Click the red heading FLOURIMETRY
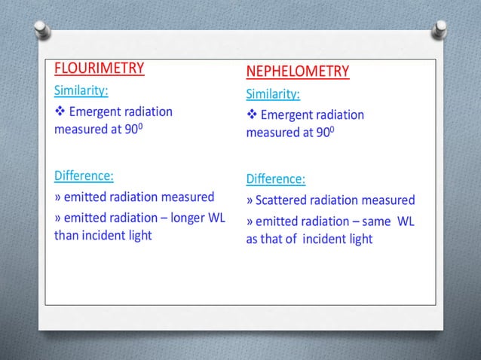tap(99, 69)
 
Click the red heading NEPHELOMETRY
tap(297, 72)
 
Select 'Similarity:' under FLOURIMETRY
tap(81, 91)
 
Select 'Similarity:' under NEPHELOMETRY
tap(272, 94)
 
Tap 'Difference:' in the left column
tap(84, 176)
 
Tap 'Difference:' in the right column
tap(275, 179)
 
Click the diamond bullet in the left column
tap(60, 112)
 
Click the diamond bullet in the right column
tap(251, 115)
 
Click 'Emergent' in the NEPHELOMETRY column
tap(289, 115)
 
